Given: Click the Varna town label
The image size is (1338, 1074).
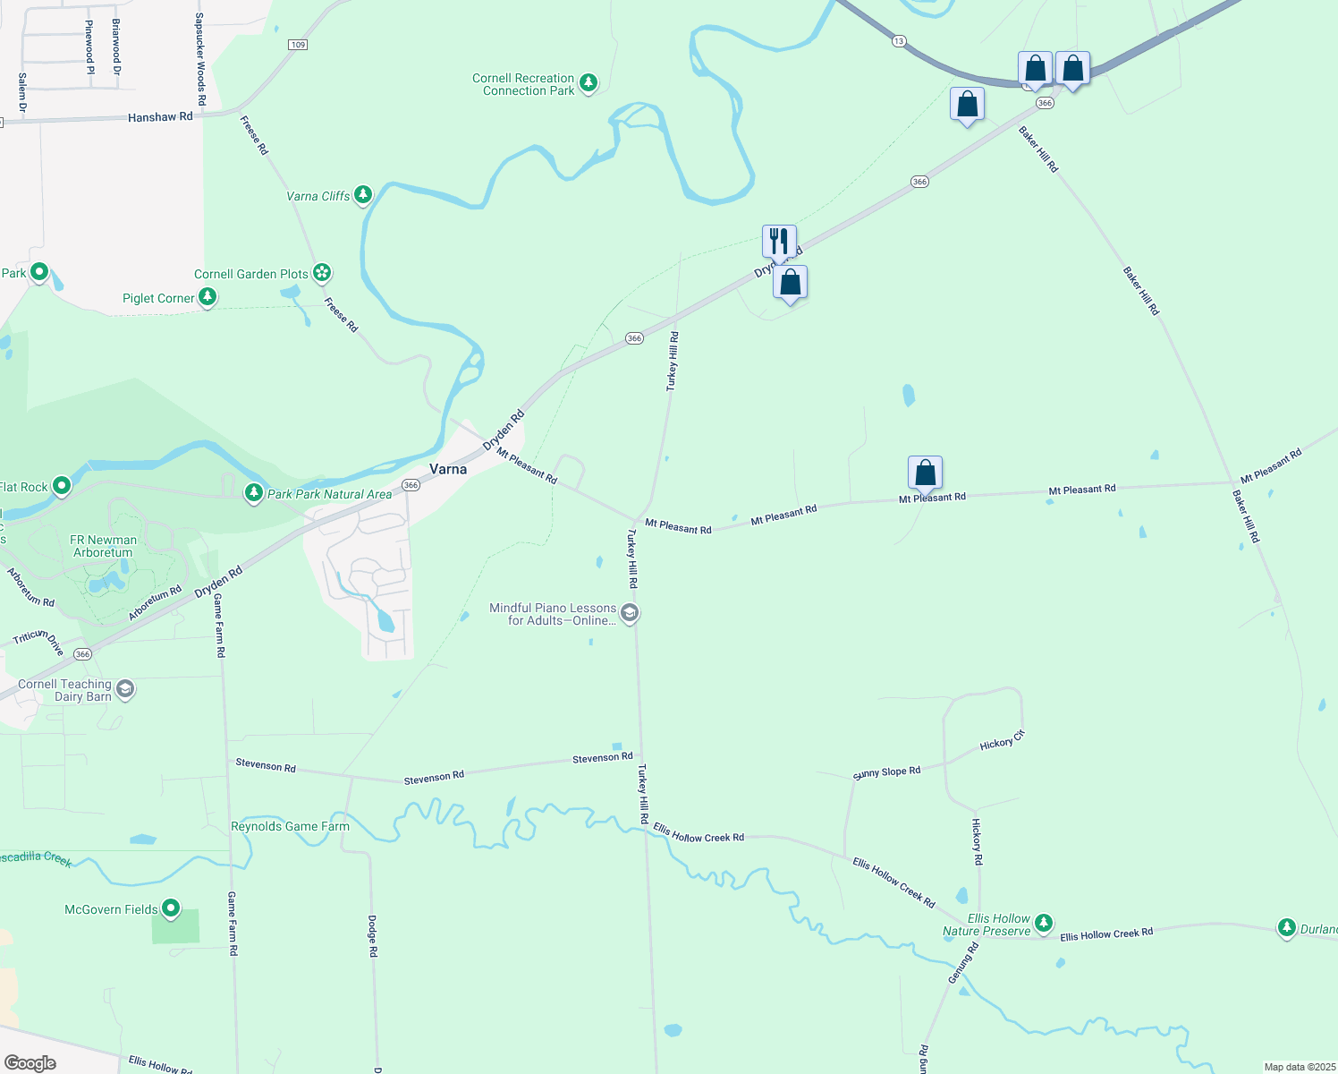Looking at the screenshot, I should (448, 469).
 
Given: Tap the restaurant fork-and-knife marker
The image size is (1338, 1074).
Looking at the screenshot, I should (779, 241).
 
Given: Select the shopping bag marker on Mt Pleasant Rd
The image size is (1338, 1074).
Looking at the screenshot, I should (925, 472).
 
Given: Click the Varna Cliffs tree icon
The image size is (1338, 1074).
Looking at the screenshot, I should (362, 195).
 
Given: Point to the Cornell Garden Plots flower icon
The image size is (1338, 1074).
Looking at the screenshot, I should (322, 273).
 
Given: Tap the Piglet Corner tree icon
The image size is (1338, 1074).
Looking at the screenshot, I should (207, 297).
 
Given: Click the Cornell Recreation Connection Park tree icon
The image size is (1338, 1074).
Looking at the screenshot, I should (588, 83).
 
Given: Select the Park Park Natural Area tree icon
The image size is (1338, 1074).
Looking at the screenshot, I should (254, 493).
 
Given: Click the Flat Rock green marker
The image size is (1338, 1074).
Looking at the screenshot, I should (62, 486).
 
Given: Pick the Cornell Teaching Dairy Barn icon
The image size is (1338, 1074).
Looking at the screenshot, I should (125, 689).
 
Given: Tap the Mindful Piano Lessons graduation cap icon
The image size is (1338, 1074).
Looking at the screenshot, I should (630, 613).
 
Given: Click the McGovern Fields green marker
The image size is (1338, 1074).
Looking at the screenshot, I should (170, 909).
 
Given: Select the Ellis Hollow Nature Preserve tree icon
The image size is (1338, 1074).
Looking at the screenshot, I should (1043, 924).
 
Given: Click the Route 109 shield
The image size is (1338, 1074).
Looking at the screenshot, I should (298, 45).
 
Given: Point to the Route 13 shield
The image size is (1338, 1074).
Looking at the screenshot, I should (899, 40).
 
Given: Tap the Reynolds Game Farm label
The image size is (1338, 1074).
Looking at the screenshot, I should (290, 826).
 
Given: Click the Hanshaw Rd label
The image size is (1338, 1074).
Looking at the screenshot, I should (160, 117).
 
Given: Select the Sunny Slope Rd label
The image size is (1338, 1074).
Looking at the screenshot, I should (886, 772).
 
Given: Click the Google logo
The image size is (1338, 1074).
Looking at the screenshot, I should (30, 1062).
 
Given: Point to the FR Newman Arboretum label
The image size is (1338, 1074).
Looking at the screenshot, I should (104, 546).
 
